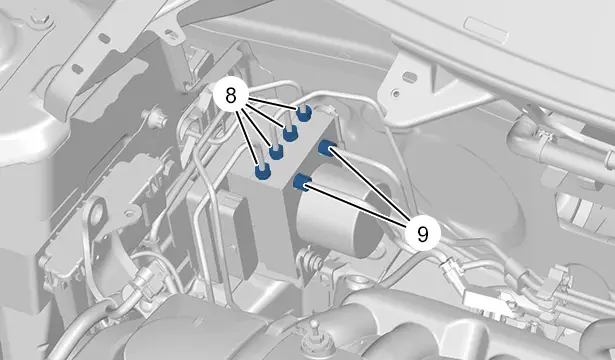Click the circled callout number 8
pyautogui.click(x=231, y=96)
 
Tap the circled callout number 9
pyautogui.click(x=422, y=234)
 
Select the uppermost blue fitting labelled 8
pyautogui.click(x=304, y=113)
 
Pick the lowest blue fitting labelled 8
pyautogui.click(x=262, y=171)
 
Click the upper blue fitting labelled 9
pyautogui.click(x=327, y=148)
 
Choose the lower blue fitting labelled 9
pyautogui.click(x=303, y=182)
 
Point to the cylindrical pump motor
pyautogui.click(x=340, y=212)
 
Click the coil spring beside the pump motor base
pyautogui.click(x=311, y=260)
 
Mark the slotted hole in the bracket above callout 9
pyautogui.click(x=409, y=75)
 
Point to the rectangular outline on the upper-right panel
pyautogui.click(x=487, y=30)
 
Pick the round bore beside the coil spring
pyautogui.click(x=360, y=282)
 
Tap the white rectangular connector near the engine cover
pyautogui.click(x=486, y=301)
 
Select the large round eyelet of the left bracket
pyautogui.click(x=96, y=215)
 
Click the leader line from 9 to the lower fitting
pyautogui.click(x=357, y=203)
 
